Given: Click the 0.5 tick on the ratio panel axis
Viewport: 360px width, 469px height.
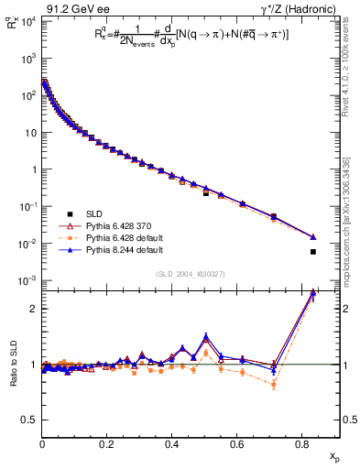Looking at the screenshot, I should (29, 420).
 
